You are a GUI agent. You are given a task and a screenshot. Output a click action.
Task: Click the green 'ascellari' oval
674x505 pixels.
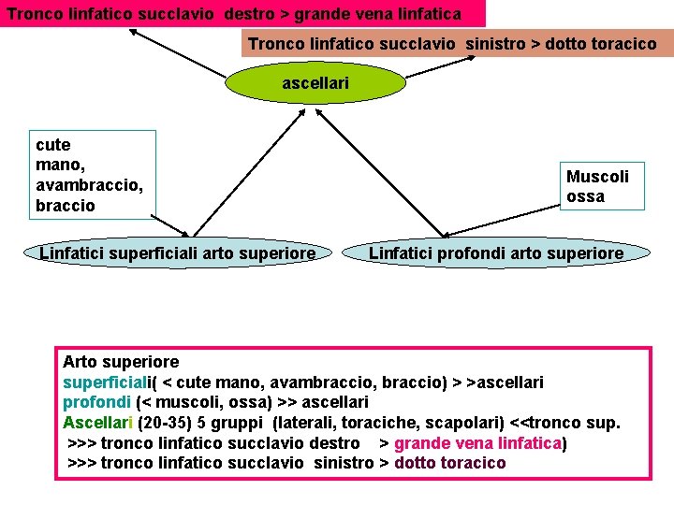click(x=315, y=83)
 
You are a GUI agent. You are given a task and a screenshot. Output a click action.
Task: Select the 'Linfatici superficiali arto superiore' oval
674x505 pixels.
click(x=178, y=253)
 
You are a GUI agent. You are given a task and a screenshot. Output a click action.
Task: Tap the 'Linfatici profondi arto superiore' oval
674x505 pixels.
click(x=495, y=253)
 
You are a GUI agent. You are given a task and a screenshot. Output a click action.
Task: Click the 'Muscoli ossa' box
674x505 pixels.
click(x=598, y=186)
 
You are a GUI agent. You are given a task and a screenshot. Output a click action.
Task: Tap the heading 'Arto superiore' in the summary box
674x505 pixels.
click(x=120, y=362)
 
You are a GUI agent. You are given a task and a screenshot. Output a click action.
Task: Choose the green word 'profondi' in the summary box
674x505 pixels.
click(x=97, y=402)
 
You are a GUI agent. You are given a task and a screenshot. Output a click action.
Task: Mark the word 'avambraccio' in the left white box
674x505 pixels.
click(x=90, y=185)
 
